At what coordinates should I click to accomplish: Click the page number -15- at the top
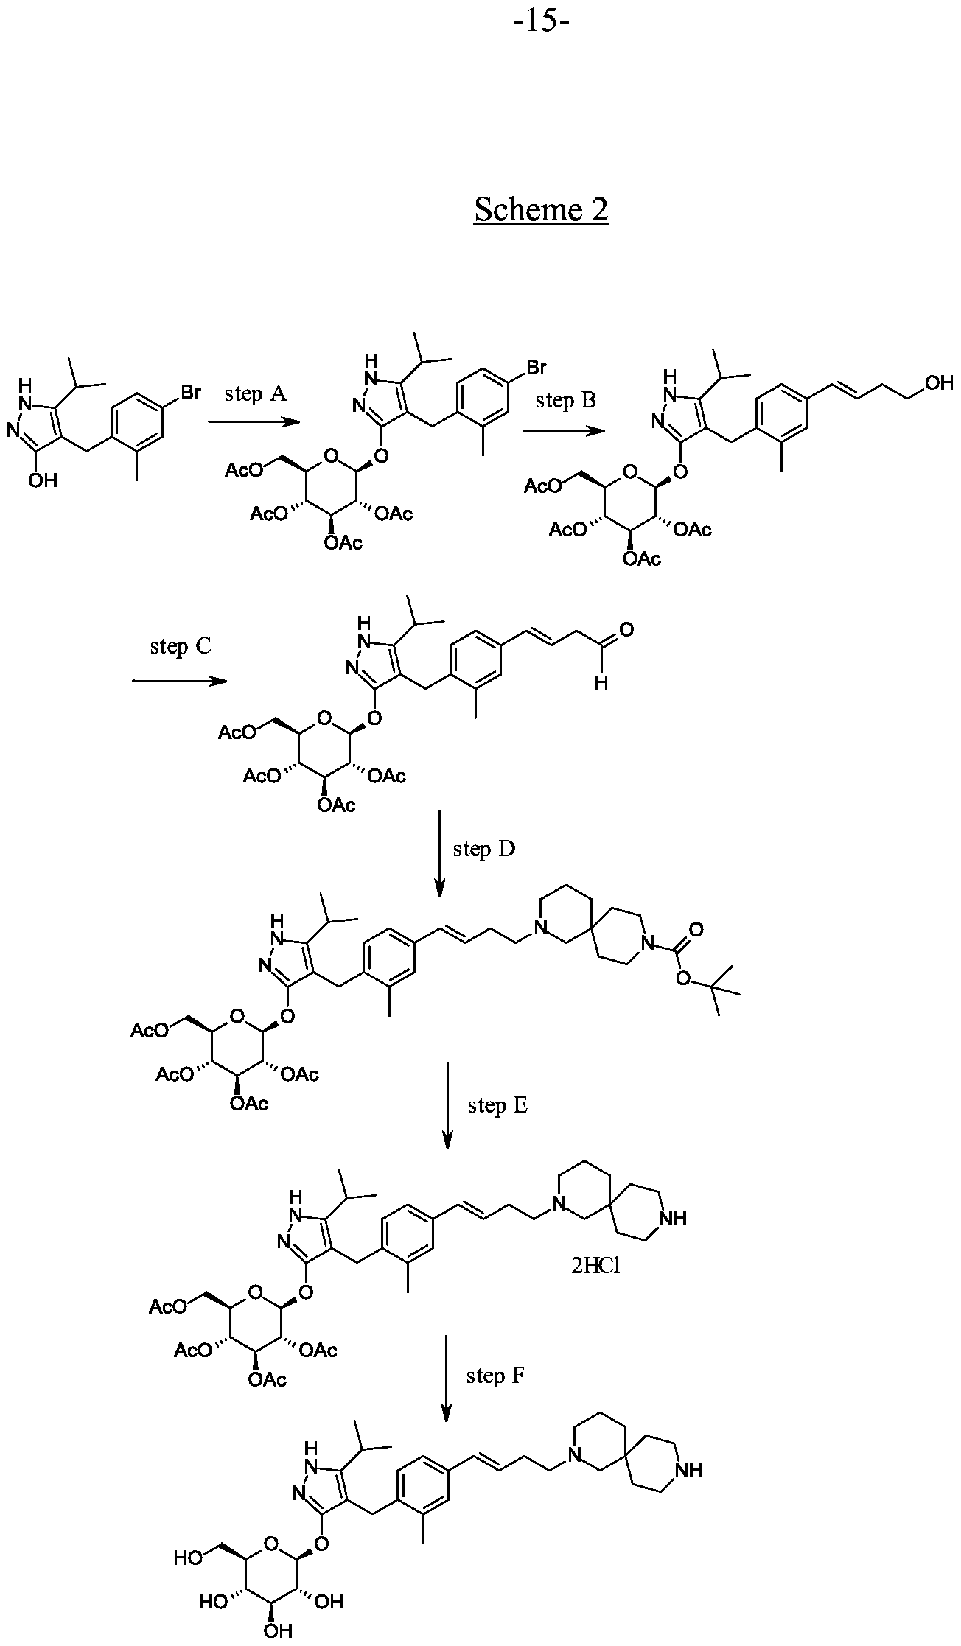pos(542,21)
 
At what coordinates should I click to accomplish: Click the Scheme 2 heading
pos(542,209)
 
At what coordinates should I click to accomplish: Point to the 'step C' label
pos(181,646)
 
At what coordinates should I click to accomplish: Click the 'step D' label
pos(484,849)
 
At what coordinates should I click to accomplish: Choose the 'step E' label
pos(497,1105)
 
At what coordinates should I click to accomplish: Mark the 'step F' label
pos(495,1376)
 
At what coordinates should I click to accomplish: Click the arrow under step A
pos(254,422)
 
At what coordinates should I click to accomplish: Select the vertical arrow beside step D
pos(439,854)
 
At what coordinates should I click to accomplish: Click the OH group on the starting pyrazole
pos(41,480)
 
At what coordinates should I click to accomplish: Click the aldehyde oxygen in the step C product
pos(627,629)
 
